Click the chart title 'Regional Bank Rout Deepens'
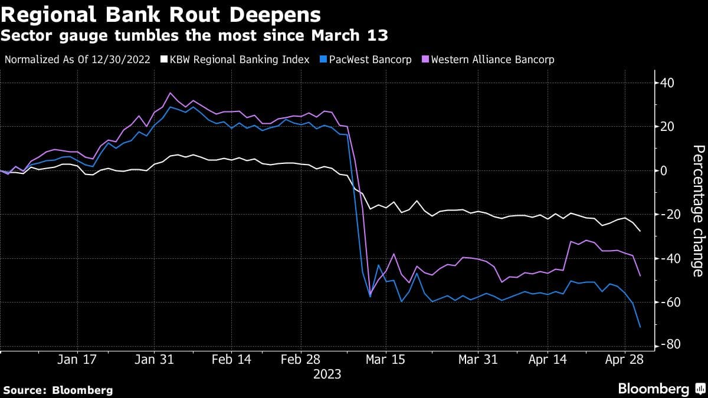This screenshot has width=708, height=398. pyautogui.click(x=161, y=14)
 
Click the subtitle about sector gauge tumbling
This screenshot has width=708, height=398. pyautogui.click(x=194, y=37)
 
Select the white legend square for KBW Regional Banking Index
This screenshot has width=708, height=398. pyautogui.click(x=165, y=60)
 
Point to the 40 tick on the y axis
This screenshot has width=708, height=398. pyautogui.click(x=667, y=83)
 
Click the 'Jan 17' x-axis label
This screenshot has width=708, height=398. pyautogui.click(x=77, y=360)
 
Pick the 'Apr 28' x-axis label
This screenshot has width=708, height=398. pyautogui.click(x=624, y=360)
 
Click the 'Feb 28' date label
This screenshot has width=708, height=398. pyautogui.click(x=300, y=360)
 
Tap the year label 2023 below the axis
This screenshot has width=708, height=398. pyautogui.click(x=327, y=374)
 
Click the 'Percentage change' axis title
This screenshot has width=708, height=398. pyautogui.click(x=697, y=210)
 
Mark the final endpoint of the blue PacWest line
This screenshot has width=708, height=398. pyautogui.click(x=640, y=327)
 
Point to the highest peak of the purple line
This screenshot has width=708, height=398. pyautogui.click(x=171, y=93)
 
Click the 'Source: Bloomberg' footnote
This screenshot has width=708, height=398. pyautogui.click(x=58, y=390)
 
